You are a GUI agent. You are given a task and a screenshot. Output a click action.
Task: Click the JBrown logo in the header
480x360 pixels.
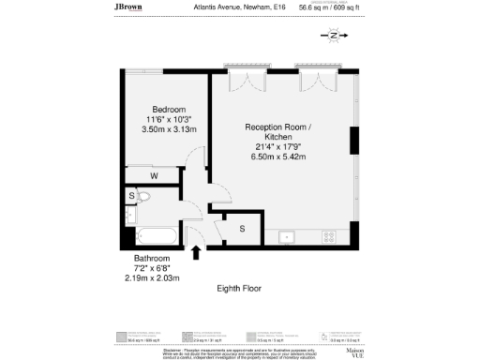coord(129,7)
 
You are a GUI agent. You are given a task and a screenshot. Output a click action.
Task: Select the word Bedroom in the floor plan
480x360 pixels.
coord(169,109)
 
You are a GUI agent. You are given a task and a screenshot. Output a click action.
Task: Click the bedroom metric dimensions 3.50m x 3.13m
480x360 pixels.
coord(169,129)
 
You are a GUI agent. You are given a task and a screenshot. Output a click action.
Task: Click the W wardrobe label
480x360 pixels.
coord(154,175)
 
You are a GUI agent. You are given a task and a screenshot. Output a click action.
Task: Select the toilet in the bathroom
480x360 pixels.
coord(144,198)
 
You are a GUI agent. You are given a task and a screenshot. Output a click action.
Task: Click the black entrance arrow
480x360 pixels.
coord(196,251)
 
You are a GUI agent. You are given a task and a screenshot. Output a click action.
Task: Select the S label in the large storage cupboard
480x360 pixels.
coord(242,228)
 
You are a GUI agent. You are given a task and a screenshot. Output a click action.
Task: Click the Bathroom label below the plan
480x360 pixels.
coord(151,258)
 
